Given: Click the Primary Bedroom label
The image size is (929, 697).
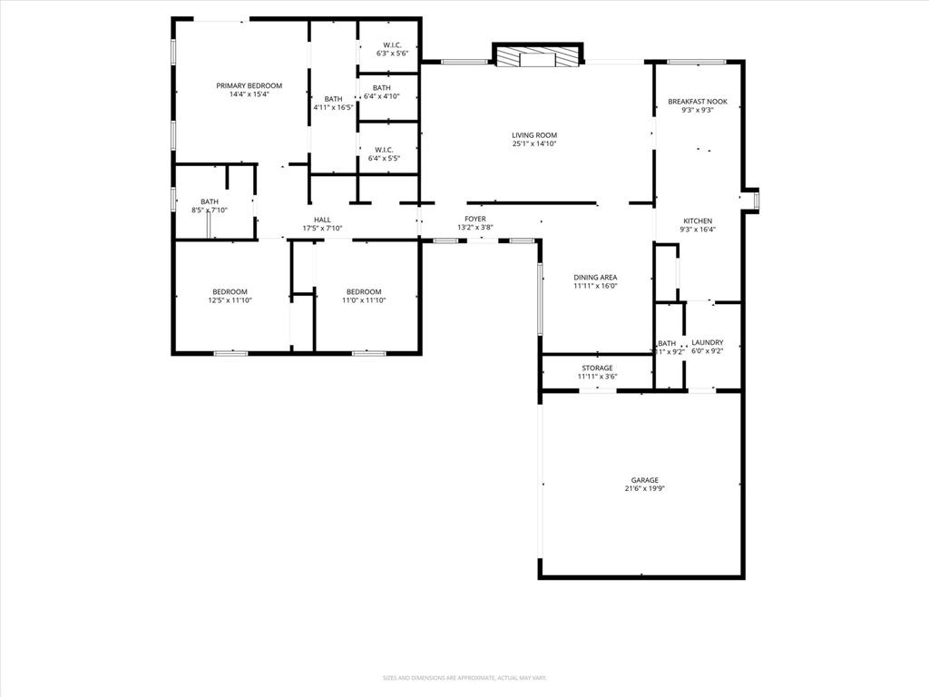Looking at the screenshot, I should pyautogui.click(x=249, y=85).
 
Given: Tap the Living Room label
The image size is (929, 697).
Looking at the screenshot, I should pyautogui.click(x=534, y=135).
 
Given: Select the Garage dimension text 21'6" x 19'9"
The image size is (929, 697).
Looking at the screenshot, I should pyautogui.click(x=645, y=488).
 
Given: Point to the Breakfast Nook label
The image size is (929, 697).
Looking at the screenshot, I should pyautogui.click(x=697, y=102).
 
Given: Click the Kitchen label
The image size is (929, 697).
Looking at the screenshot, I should pyautogui.click(x=697, y=221).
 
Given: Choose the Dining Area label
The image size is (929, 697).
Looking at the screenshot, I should pyautogui.click(x=595, y=277).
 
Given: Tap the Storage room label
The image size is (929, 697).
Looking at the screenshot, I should pyautogui.click(x=597, y=368).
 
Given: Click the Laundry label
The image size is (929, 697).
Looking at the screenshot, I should pyautogui.click(x=708, y=342).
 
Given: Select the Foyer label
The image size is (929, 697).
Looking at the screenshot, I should pyautogui.click(x=475, y=219).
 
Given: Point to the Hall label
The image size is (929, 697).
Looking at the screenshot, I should pyautogui.click(x=322, y=220).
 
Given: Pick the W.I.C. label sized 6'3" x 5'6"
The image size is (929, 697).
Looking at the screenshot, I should pyautogui.click(x=392, y=45).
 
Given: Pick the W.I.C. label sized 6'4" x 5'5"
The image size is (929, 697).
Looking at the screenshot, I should pyautogui.click(x=384, y=150).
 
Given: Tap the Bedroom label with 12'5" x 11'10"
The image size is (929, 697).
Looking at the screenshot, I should pyautogui.click(x=230, y=291).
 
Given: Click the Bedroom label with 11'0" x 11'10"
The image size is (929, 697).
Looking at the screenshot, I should pyautogui.click(x=362, y=291).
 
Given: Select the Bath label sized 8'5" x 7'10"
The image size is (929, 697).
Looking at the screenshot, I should pyautogui.click(x=210, y=201).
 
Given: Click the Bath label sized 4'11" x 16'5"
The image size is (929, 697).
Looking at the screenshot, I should pyautogui.click(x=334, y=99).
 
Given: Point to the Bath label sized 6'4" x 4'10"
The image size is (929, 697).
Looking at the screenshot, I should pyautogui.click(x=381, y=87).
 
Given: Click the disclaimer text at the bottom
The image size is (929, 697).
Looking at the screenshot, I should pyautogui.click(x=464, y=678).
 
